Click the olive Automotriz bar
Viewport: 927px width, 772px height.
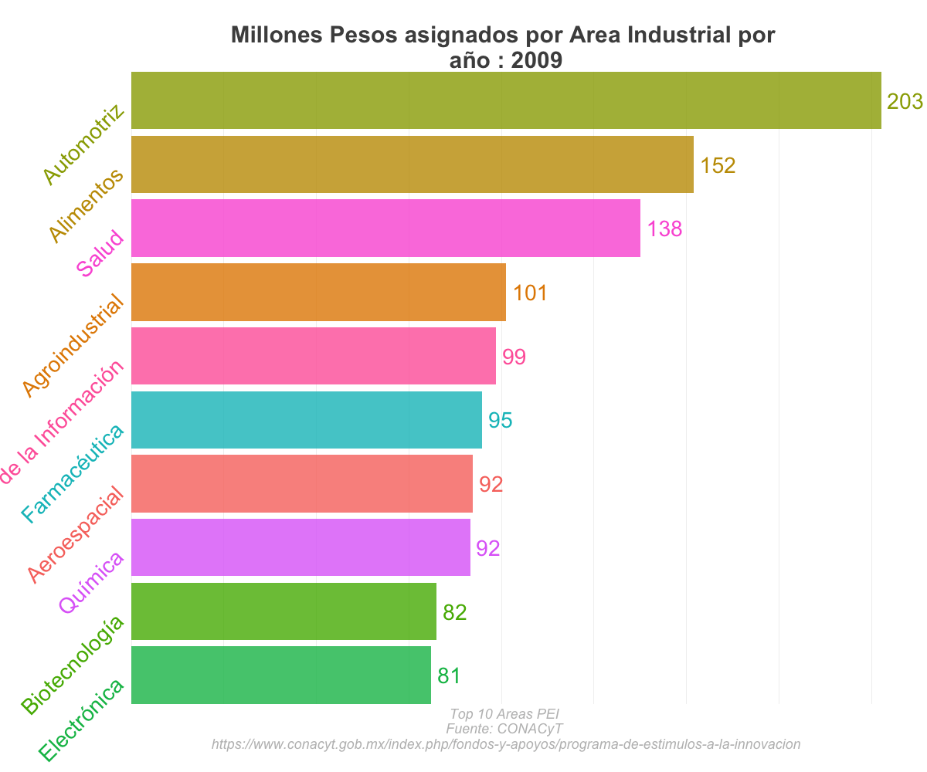click(x=506, y=100)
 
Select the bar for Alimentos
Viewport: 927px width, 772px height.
click(x=413, y=164)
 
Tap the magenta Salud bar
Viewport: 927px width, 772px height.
click(x=385, y=228)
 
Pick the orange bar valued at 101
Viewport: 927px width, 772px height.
click(x=318, y=292)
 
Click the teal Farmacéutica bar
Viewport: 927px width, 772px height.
click(x=307, y=420)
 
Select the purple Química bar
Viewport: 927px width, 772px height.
click(x=301, y=547)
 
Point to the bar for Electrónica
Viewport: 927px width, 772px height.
click(x=281, y=675)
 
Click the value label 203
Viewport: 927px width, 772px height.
click(x=905, y=101)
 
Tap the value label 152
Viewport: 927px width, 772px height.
click(x=717, y=165)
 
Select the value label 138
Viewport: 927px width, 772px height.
click(x=664, y=229)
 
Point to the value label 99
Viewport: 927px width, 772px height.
click(x=514, y=357)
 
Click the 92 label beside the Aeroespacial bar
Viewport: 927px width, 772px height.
click(x=491, y=485)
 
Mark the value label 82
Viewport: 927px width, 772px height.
click(x=454, y=613)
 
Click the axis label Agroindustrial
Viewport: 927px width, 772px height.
click(x=73, y=346)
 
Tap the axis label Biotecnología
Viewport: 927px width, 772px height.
click(x=72, y=665)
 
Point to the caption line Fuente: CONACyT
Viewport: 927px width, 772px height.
click(x=504, y=729)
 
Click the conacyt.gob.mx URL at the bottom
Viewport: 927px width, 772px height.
click(x=505, y=744)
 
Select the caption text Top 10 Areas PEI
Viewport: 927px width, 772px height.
click(x=504, y=713)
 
